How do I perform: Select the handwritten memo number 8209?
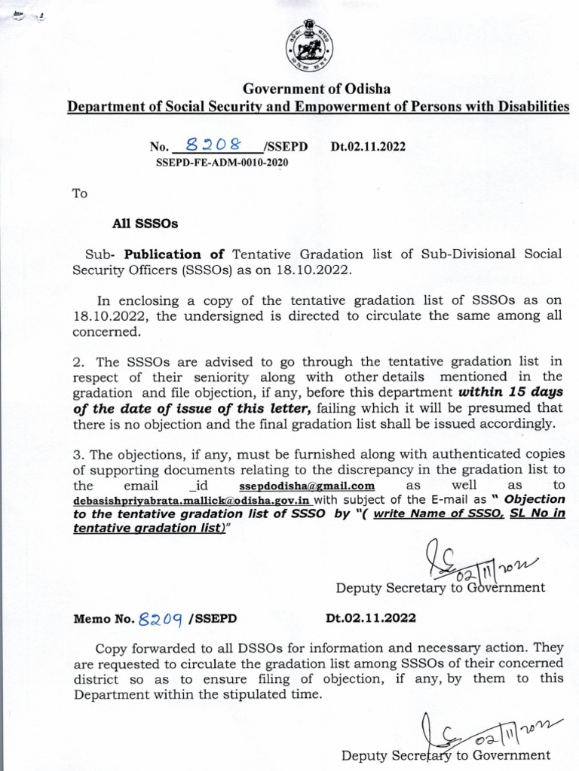click(161, 618)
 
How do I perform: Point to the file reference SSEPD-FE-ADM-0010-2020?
click(222, 162)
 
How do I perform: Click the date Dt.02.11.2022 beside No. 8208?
click(368, 147)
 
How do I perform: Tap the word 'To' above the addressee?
click(80, 194)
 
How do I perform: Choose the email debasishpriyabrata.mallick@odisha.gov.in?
click(191, 501)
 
